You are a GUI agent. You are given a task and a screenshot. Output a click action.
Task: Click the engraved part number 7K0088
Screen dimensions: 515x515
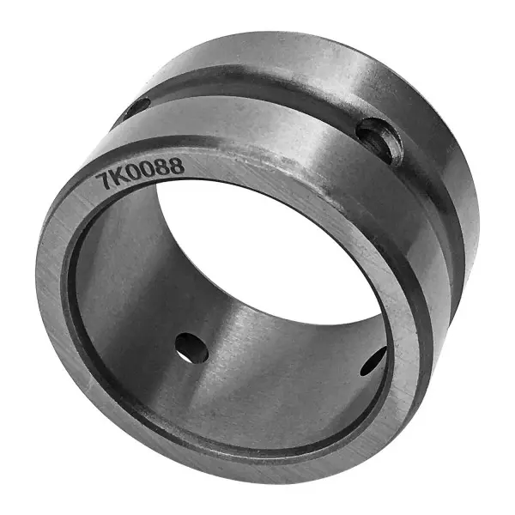coord(140,173)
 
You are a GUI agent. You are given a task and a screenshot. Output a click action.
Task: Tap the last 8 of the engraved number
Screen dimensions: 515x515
coord(176,166)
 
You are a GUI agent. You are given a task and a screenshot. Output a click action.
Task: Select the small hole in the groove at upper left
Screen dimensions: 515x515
coord(138,107)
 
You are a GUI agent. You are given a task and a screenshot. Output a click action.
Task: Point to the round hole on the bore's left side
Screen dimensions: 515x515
coord(192,348)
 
